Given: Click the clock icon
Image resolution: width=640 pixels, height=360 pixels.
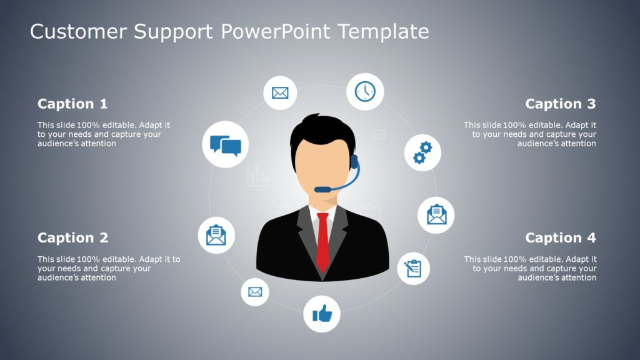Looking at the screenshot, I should point(365,91).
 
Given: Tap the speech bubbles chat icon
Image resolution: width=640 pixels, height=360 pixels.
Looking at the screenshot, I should point(226,145).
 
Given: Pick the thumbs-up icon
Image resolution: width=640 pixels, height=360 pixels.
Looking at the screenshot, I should point(322,313).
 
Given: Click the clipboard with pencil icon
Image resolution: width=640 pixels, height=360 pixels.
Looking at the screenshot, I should point(414,267).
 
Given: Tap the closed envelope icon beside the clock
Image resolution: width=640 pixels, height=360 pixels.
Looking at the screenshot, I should point(280,93).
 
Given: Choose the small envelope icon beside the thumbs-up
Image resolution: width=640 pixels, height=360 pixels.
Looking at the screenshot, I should point(254,291).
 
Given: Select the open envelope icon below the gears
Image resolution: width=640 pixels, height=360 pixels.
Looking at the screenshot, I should point(436,215).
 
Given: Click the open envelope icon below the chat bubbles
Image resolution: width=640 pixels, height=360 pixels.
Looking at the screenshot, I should point(216,235).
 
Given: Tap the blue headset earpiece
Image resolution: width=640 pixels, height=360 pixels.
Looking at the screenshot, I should point(354,161).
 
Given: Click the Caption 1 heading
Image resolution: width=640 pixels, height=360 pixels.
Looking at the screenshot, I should point(72,104).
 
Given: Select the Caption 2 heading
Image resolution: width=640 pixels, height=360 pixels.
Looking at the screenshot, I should point(72,237).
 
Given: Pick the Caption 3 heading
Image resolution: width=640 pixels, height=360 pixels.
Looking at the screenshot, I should point(561,104).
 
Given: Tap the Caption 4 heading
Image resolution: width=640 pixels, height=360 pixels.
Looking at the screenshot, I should point(561,237).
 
